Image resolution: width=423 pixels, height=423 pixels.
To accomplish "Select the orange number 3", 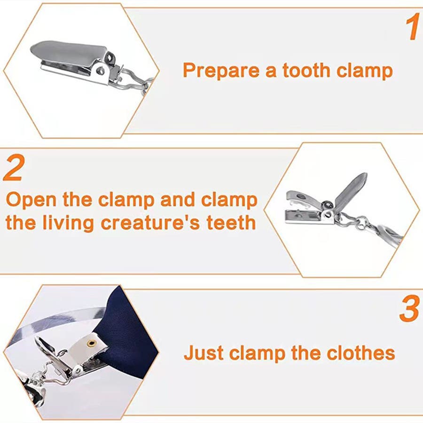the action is pos(409,308).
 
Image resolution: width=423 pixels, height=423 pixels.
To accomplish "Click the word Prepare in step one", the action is pos(221,70).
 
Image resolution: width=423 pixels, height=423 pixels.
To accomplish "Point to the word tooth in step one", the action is pos(306,70).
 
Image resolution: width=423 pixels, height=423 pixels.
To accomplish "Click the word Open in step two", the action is pos(31,200).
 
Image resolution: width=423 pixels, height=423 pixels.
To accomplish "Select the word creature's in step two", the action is pos(150,223).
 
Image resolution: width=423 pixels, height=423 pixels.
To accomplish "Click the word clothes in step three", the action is pos(360,352).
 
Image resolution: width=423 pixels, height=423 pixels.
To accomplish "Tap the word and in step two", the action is pos(178,200).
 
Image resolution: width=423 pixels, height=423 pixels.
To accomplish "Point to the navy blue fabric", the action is pos(127,332).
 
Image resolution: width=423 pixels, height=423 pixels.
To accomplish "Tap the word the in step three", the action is pos(305,352).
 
